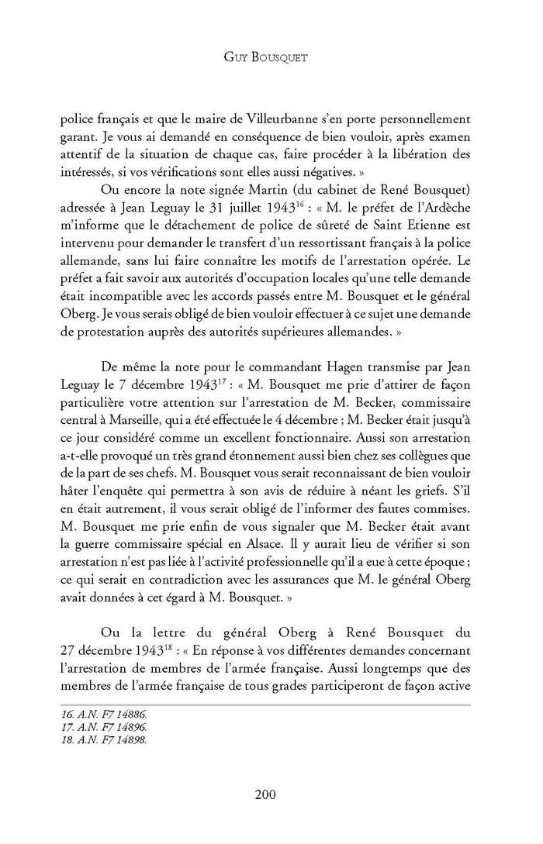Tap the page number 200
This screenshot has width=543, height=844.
[x=271, y=794]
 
